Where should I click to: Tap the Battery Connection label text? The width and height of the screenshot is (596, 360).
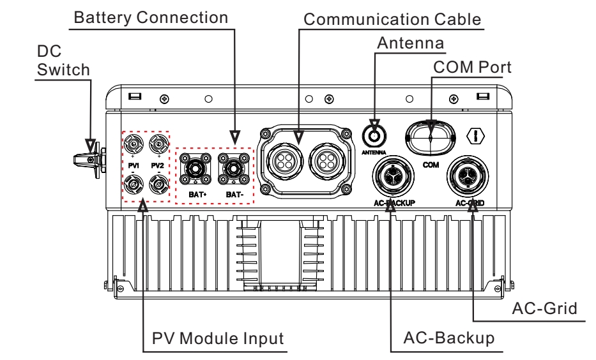151,17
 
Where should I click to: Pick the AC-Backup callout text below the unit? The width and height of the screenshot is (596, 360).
448,338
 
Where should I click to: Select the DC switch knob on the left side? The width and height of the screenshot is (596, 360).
88,154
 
